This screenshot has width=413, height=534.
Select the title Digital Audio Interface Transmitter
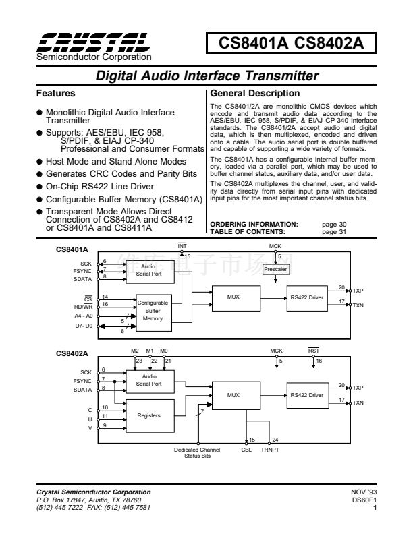[206, 76]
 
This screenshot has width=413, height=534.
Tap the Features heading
[55, 94]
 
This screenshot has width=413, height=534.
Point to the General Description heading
[255, 94]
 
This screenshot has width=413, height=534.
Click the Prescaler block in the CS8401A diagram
[275, 268]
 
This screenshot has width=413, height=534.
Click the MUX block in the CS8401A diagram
[233, 297]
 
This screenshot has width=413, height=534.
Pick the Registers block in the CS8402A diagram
[148, 415]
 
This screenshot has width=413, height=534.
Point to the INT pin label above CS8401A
[182, 247]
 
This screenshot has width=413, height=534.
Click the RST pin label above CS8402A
[314, 351]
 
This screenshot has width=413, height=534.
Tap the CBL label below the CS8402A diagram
[247, 448]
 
